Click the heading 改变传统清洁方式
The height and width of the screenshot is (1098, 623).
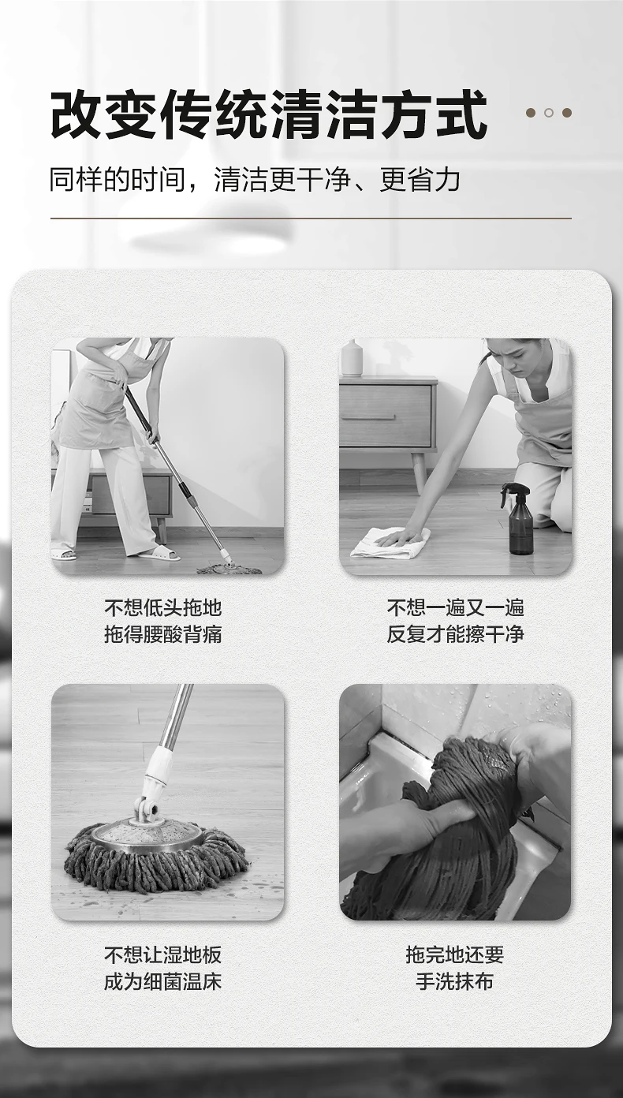pos(269,114)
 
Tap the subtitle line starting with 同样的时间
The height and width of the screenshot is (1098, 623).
pos(255,179)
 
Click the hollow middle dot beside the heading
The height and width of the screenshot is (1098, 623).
pos(549,113)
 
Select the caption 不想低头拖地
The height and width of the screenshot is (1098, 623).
pos(163,608)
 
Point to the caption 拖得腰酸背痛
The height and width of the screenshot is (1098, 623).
pos(163,634)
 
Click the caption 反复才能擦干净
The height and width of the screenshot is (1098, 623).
pos(455,634)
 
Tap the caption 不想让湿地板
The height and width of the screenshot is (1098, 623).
pos(163,954)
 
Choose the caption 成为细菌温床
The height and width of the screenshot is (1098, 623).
pos(163,980)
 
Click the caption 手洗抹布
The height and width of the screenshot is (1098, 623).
pos(455,980)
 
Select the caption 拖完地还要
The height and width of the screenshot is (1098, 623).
pos(455,954)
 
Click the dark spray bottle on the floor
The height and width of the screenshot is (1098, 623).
pos(520,520)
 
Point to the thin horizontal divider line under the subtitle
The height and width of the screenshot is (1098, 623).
pos(311,218)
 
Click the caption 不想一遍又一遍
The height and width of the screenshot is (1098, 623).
pos(455,608)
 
